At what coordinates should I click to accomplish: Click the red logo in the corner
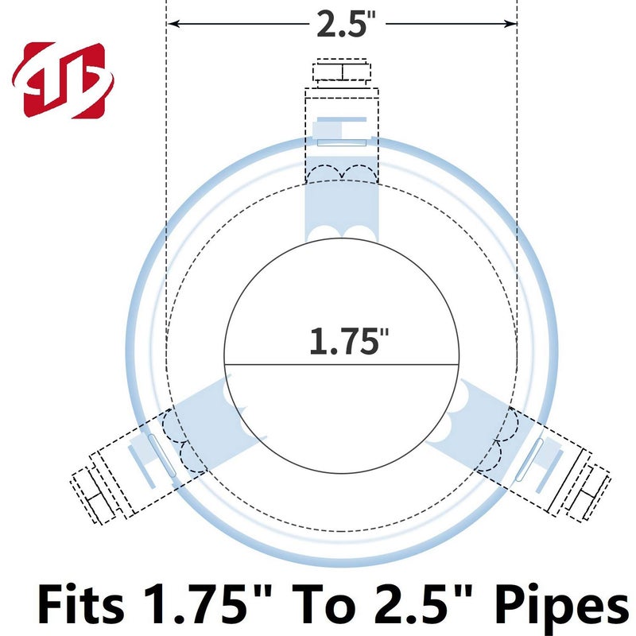click(x=63, y=80)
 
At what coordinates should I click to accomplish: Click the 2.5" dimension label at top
click(x=346, y=24)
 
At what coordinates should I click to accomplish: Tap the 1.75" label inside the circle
click(x=349, y=341)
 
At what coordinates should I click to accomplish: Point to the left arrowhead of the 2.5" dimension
click(x=174, y=24)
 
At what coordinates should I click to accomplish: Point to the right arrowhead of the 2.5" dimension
click(x=510, y=24)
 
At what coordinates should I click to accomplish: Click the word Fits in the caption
click(x=81, y=604)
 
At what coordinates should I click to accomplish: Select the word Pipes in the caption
click(x=562, y=607)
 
